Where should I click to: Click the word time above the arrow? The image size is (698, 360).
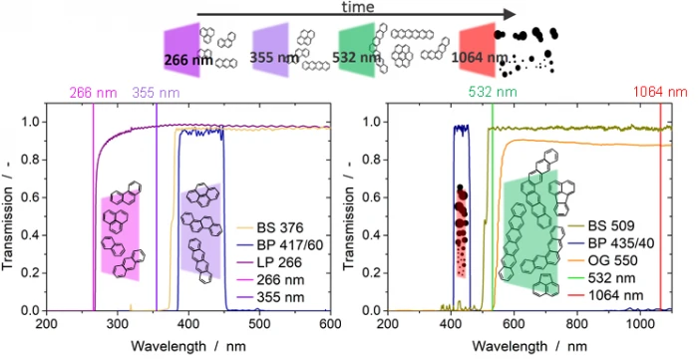pos(357,7)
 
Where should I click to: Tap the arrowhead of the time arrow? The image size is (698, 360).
pos(510,14)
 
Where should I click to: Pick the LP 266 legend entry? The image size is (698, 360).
pos(268,262)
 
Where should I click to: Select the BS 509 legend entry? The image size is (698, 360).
pos(601,226)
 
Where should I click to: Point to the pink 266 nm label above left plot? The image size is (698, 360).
pos(93,93)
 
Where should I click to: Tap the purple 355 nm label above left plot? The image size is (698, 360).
pos(156,93)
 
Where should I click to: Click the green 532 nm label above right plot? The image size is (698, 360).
pos(493,92)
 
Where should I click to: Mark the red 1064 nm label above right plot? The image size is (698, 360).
pos(660,92)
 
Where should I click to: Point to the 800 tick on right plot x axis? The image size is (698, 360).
pos(577,323)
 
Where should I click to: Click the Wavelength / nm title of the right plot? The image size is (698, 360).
pos(529,346)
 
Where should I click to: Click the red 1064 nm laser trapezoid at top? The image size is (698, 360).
pos(478,50)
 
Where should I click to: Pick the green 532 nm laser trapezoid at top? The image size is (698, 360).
pos(357,50)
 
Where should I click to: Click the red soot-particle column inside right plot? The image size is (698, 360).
pos(461,231)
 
